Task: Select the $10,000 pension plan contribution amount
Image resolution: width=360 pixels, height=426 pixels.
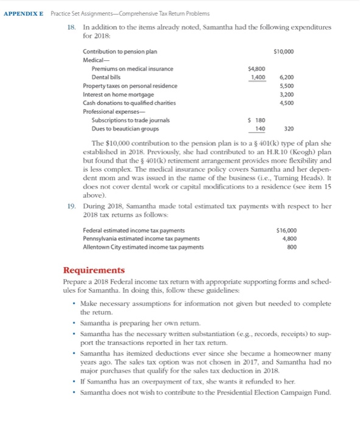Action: coord(284,51)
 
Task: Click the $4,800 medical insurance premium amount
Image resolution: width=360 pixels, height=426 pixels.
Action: coord(256,69)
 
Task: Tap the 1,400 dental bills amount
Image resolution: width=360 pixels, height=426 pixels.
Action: coord(258,77)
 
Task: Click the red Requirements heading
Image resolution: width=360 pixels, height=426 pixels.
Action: coord(94,270)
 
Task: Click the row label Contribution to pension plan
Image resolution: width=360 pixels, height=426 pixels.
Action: coord(116,51)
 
